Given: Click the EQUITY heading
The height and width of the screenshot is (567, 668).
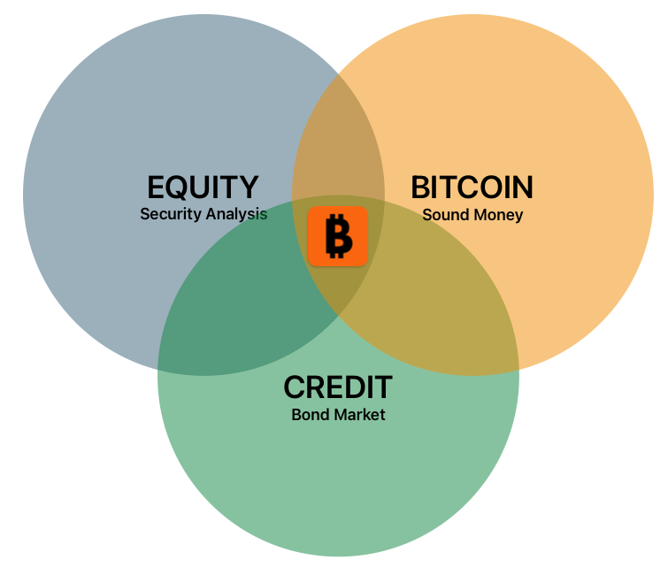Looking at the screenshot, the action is (203, 188).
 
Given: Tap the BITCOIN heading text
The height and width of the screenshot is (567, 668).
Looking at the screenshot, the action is (472, 188).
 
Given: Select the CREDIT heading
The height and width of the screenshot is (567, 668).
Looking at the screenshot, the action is (337, 387).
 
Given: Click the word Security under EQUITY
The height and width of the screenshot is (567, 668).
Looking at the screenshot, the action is (168, 214).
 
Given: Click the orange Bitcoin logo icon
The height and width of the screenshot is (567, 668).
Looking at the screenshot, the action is (337, 236).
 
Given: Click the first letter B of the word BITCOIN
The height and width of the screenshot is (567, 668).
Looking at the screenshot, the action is (421, 188).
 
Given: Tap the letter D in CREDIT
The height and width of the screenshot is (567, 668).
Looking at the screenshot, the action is (357, 387).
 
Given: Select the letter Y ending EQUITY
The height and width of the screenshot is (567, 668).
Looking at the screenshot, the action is (249, 188).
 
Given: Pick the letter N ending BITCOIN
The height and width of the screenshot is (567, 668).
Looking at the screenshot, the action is (523, 188).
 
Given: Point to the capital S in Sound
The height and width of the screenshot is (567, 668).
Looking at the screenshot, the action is (427, 215).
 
